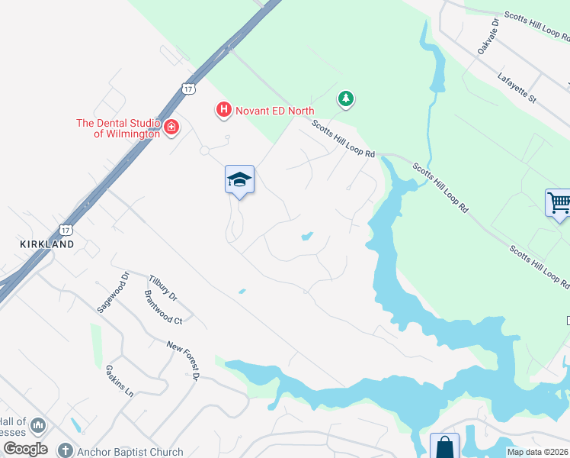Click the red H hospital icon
pyautogui.click(x=223, y=111)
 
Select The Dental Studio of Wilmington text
pyautogui.click(x=117, y=128)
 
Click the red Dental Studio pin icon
pyautogui.click(x=171, y=127)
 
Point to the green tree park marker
pyautogui.click(x=346, y=98)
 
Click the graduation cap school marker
pyautogui.click(x=239, y=180)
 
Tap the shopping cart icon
pyautogui.click(x=559, y=203)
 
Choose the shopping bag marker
pyautogui.click(x=444, y=447)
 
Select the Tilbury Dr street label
pyautogui.click(x=162, y=288)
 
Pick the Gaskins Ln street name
pyautogui.click(x=120, y=380)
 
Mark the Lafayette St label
pyautogui.click(x=517, y=88)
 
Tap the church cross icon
pyautogui.click(x=66, y=450)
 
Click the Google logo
pyautogui.click(x=25, y=449)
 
